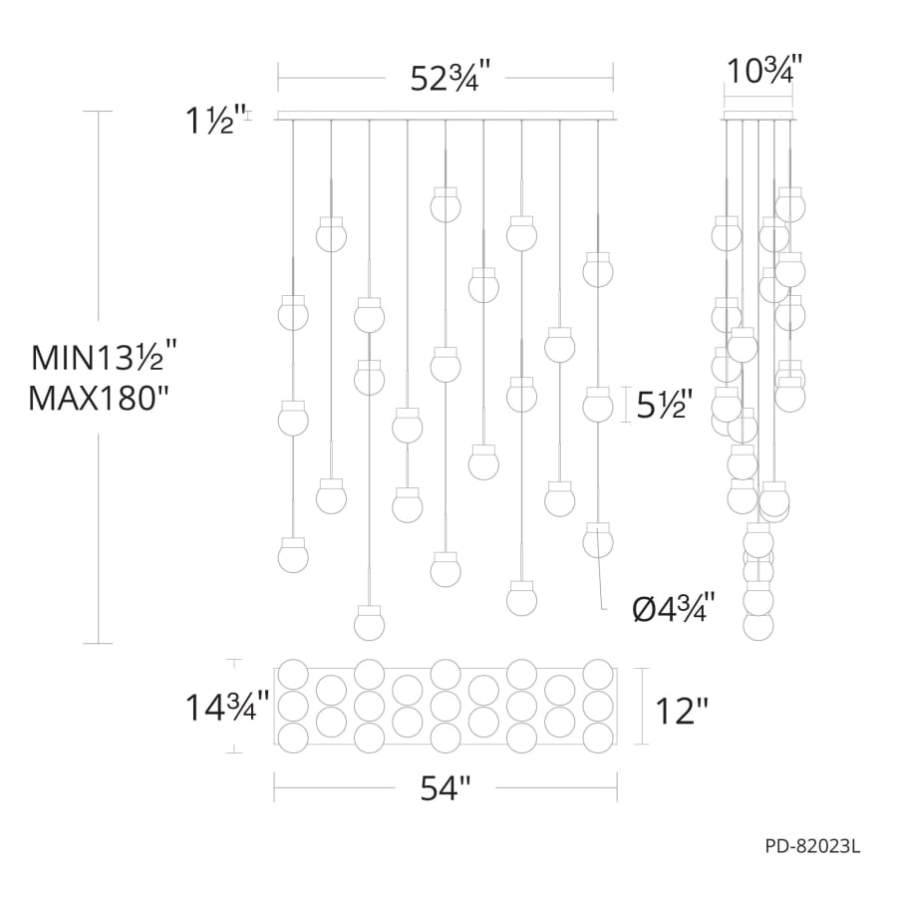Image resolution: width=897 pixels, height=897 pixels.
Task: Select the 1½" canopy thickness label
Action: (x=208, y=121)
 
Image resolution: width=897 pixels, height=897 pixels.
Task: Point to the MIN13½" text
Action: (x=105, y=356)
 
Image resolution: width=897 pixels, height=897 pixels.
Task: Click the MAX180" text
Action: (x=100, y=399)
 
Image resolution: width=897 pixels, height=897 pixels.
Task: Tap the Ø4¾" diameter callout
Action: (x=674, y=605)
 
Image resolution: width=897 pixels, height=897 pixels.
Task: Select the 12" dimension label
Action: (x=682, y=711)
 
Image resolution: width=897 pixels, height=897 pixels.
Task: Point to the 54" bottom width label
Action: (x=445, y=788)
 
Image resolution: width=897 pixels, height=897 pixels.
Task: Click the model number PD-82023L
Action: (x=812, y=847)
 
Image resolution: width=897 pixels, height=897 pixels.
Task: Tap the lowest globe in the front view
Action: (x=370, y=622)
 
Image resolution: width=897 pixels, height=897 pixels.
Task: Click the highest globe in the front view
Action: (x=446, y=203)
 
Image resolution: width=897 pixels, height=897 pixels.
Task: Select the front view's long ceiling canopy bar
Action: (x=446, y=115)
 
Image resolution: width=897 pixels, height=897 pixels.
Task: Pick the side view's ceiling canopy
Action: (x=758, y=114)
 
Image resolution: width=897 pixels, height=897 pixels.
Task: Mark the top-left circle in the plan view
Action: (x=292, y=674)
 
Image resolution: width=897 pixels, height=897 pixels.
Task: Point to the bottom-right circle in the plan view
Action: (x=598, y=739)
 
